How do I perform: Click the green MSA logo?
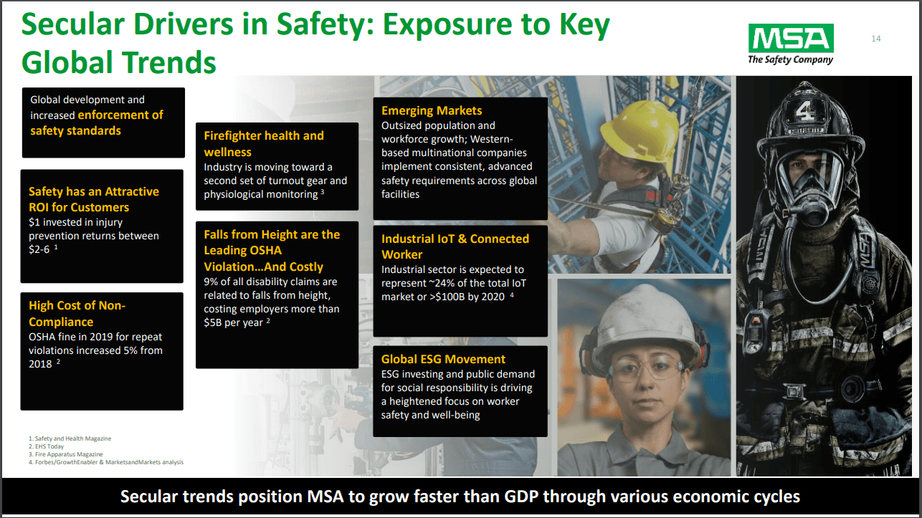791,38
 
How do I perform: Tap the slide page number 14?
875,39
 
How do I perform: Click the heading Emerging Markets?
432,110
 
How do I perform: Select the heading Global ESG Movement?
443,359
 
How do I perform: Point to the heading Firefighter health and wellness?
263,143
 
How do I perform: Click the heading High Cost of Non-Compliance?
77,314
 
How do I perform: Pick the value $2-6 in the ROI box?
41,249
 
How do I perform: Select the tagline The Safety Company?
790,59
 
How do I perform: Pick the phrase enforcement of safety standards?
97,123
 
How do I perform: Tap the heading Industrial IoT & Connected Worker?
455,246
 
